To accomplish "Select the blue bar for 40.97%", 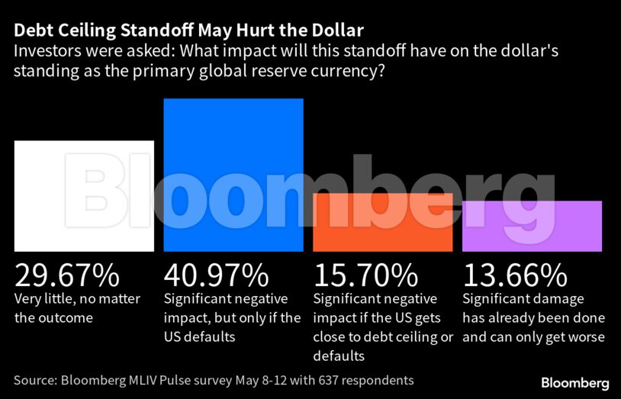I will click(x=233, y=175).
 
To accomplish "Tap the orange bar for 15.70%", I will click(x=383, y=222).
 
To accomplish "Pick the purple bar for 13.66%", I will click(x=532, y=226).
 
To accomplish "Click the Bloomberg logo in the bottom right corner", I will click(x=574, y=381).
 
